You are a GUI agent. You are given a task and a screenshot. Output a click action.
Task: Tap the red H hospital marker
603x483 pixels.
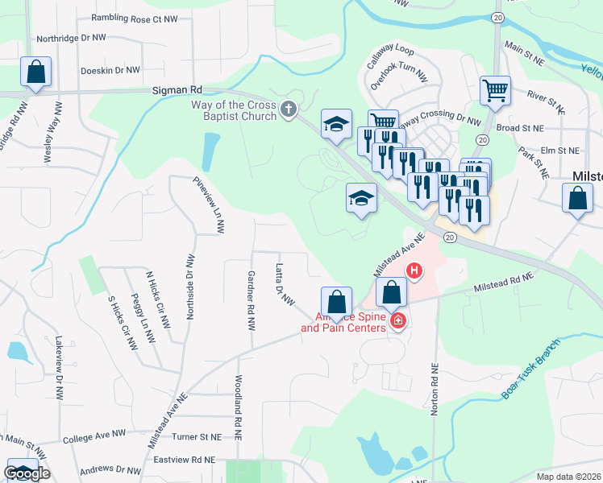[414, 271]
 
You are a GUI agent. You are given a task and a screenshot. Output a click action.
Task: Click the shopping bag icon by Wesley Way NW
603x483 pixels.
[36, 72]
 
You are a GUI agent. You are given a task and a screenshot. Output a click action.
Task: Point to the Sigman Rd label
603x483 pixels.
[173, 91]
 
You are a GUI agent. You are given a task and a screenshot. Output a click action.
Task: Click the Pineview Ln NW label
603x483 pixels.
[207, 206]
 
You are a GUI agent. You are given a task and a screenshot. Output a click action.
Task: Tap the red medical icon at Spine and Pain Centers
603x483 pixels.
[398, 322]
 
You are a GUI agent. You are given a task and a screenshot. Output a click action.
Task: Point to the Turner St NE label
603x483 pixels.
[196, 436]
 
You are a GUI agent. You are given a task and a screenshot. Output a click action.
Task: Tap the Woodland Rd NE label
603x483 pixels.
[239, 407]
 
